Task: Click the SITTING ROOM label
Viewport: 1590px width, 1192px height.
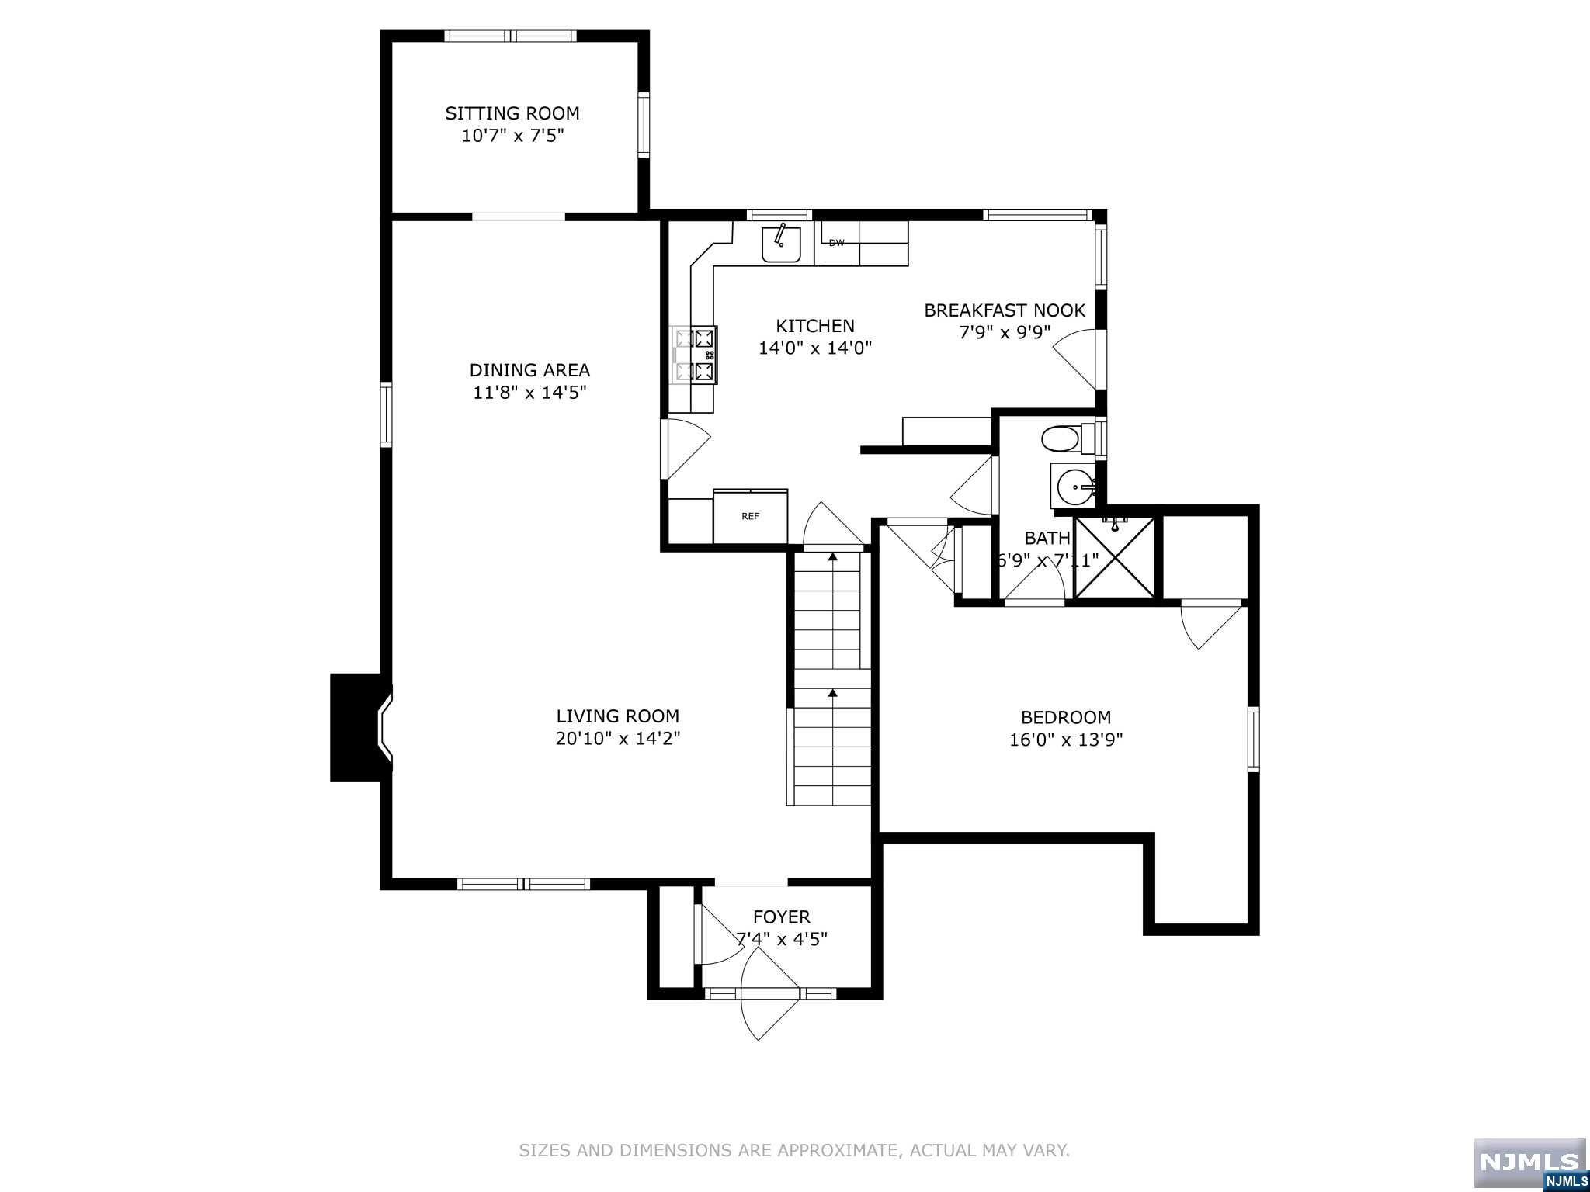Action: [512, 113]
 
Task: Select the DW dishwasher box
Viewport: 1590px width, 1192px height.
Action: [837, 243]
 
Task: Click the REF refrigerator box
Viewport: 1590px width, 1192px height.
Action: [750, 516]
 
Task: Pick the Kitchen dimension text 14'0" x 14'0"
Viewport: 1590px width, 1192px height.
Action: [815, 348]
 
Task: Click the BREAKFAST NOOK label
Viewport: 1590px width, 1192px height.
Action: [1004, 310]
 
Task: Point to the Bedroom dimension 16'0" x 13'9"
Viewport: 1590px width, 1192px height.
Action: [1065, 740]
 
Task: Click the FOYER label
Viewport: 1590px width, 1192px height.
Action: [781, 917]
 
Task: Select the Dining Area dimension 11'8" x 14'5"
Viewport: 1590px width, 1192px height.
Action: [529, 393]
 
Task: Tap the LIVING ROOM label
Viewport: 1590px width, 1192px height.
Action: [617, 716]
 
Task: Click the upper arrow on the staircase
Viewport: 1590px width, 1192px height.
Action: [832, 556]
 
